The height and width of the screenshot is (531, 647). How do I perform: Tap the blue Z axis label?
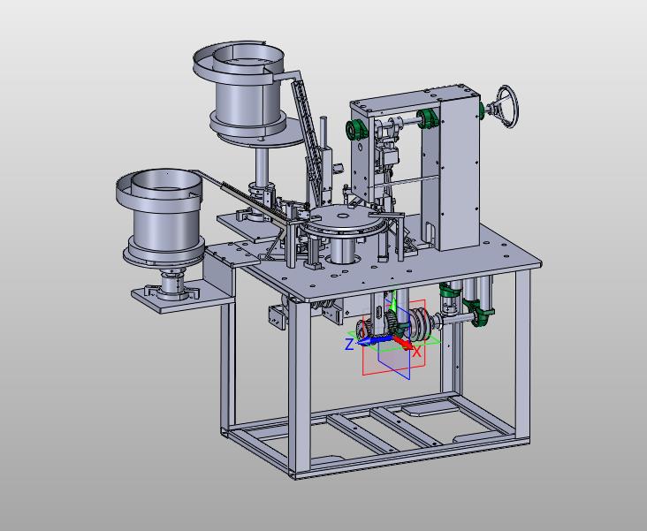(x=349, y=345)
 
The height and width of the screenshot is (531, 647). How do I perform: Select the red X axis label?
(x=417, y=352)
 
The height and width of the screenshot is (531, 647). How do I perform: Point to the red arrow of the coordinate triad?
(x=402, y=342)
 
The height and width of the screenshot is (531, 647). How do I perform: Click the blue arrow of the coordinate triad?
(x=373, y=340)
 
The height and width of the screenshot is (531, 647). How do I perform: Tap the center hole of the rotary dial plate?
(x=342, y=215)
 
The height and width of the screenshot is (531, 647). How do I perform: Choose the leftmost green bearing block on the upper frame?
(x=355, y=131)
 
